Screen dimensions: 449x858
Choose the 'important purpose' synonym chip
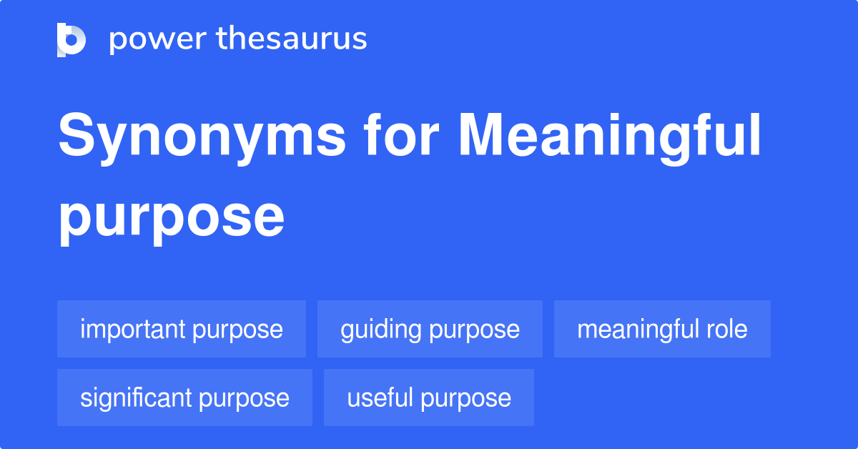click(x=182, y=329)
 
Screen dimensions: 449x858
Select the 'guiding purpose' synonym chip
click(x=430, y=329)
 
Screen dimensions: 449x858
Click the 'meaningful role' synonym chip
click(x=662, y=329)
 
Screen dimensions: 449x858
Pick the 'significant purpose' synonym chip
click(x=184, y=398)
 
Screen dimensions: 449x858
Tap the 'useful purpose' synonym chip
click(x=429, y=398)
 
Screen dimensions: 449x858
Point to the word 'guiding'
click(x=381, y=330)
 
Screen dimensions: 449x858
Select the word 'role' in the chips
click(x=728, y=329)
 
